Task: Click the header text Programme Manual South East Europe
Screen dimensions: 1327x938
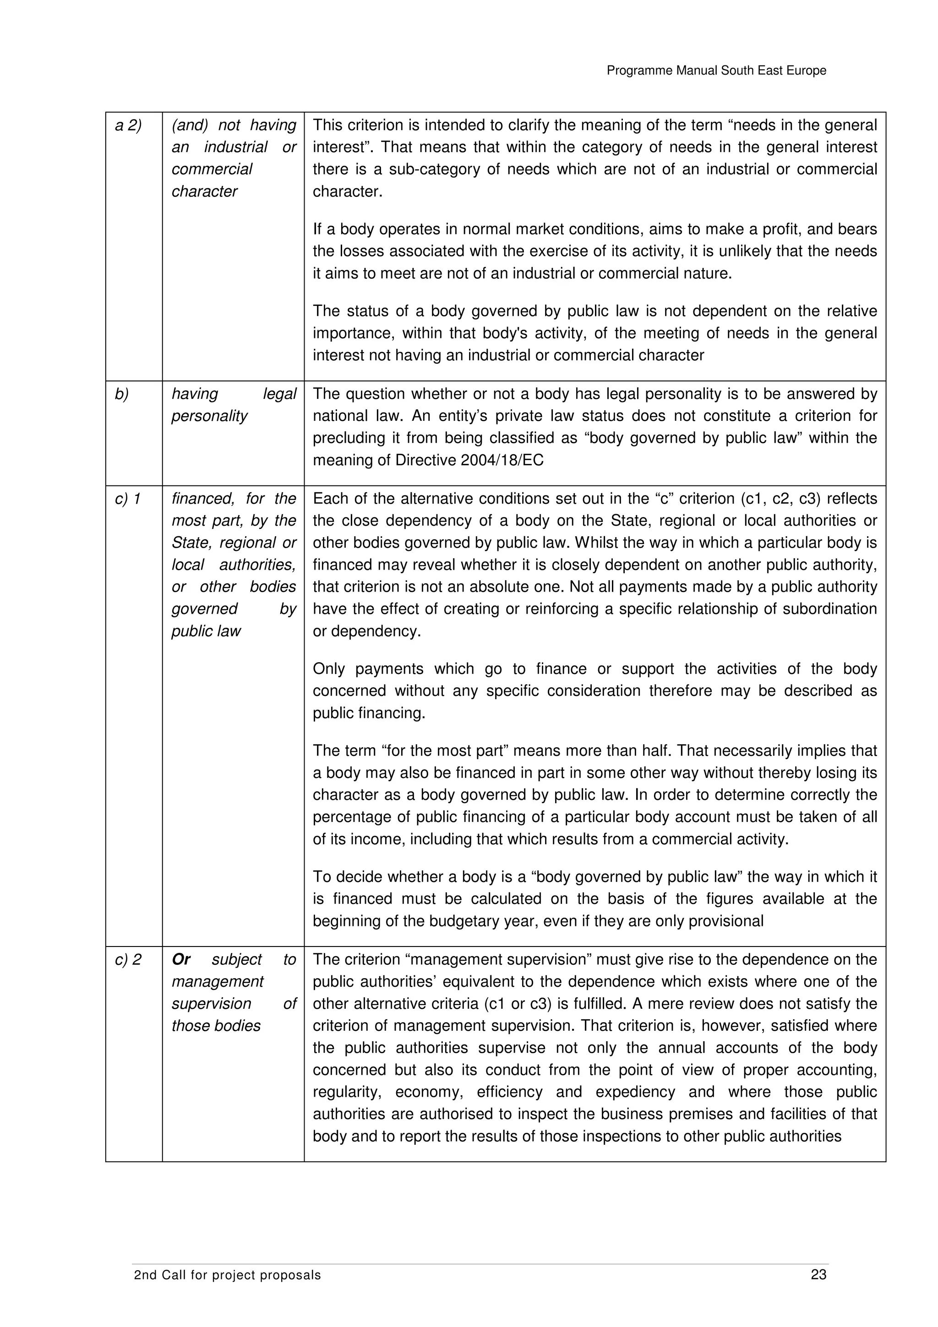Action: pos(716,71)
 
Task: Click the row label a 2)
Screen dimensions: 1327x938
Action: pos(128,125)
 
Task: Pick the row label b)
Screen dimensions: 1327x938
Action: pos(121,394)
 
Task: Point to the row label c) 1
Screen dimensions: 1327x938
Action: pos(128,499)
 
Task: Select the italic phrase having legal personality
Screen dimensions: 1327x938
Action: pos(234,405)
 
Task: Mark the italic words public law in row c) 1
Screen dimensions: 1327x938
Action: pos(205,631)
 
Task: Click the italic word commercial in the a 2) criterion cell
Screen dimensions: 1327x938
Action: pos(212,169)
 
